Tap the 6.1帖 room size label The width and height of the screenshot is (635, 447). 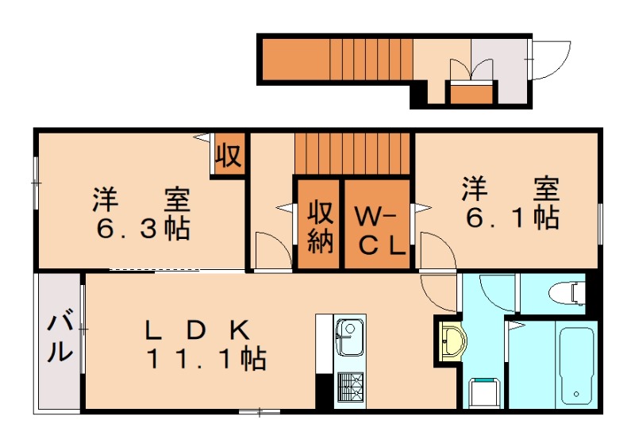(511, 217)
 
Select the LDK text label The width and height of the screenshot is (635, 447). (198, 329)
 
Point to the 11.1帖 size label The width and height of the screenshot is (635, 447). (205, 360)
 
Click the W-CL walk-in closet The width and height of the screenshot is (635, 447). (378, 228)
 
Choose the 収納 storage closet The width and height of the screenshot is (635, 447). (320, 227)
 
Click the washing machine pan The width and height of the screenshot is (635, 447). (484, 393)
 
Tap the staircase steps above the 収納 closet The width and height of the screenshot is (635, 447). (353, 153)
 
